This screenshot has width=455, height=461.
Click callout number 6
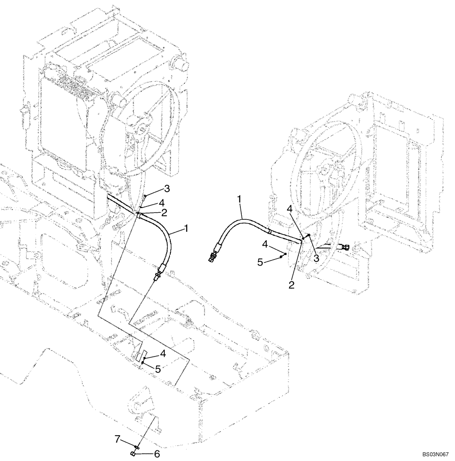coord(157,454)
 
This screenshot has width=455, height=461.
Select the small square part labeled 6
coord(133,454)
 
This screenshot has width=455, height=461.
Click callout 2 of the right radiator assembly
coord(291,285)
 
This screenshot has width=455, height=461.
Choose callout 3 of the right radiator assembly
coord(316,259)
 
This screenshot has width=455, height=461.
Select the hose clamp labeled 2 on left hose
coord(139,214)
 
